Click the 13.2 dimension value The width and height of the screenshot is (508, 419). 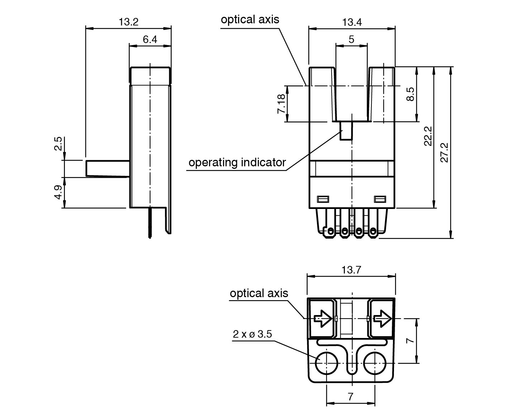point(128,22)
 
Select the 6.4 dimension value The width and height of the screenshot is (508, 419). point(150,39)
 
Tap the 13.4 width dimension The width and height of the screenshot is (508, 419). point(352,22)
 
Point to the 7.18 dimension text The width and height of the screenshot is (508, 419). point(281,104)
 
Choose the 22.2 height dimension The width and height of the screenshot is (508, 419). point(428,136)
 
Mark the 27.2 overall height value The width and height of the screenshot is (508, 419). point(444,152)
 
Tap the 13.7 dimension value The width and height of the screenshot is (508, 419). point(351,270)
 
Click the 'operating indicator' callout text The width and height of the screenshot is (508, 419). point(237,162)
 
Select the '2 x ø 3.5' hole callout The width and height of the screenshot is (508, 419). point(252,334)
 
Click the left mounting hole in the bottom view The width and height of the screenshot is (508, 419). point(326,363)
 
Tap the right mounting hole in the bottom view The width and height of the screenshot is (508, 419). point(375,363)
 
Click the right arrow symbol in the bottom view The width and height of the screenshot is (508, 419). point(382,318)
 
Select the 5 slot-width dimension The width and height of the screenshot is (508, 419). point(351,39)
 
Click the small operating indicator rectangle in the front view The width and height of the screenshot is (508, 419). point(346,131)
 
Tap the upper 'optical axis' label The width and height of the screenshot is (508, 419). point(250,19)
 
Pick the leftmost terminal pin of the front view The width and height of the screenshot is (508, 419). point(329,231)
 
